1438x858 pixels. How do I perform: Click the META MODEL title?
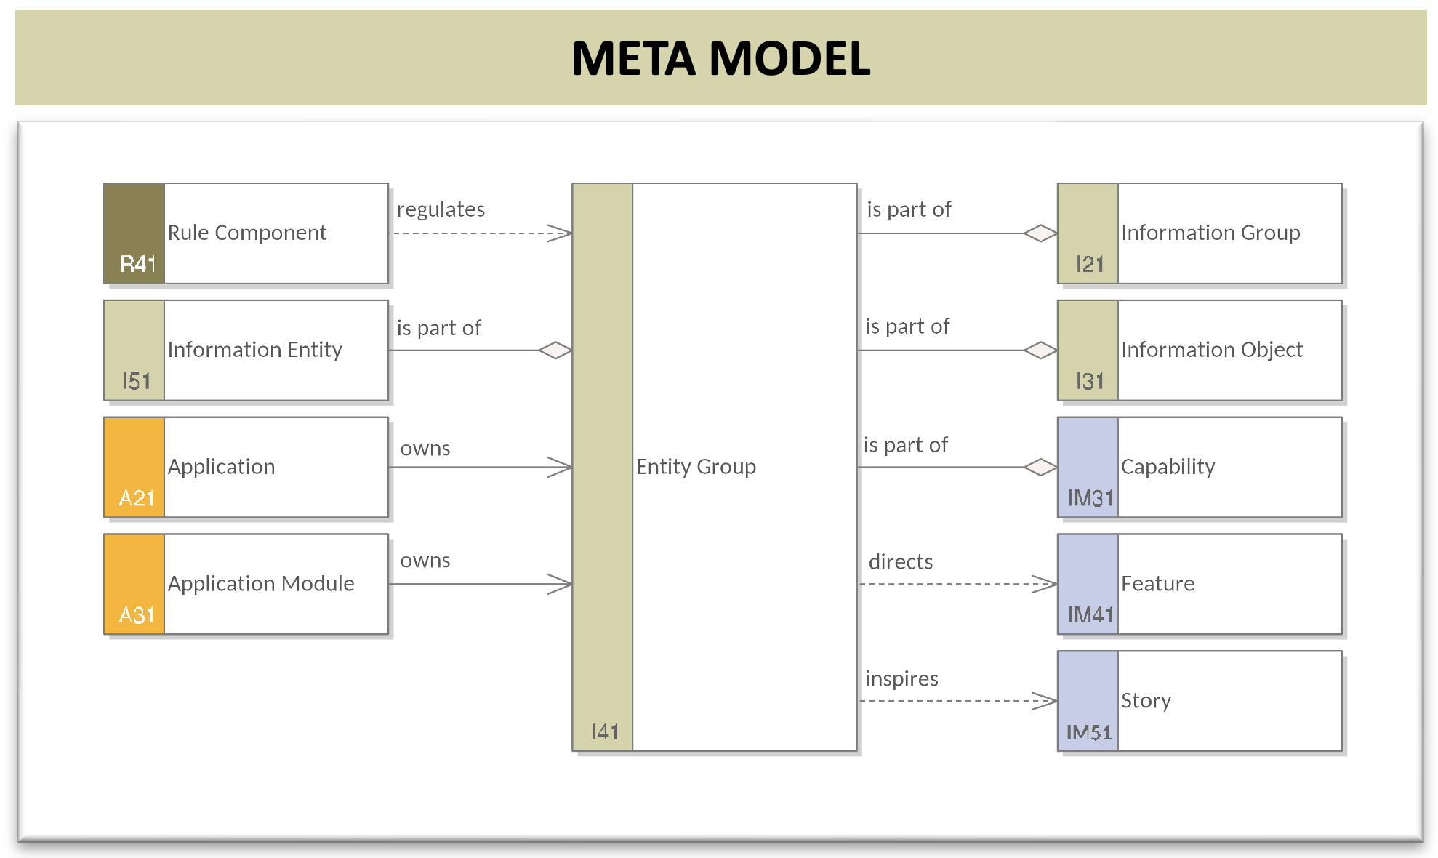point(720,58)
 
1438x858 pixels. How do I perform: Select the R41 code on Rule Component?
point(138,263)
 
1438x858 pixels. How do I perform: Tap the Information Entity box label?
point(254,350)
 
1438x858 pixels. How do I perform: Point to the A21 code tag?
point(137,498)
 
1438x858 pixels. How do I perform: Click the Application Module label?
point(261,583)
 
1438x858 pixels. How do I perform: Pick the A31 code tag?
point(137,615)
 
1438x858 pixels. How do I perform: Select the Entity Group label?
point(696,467)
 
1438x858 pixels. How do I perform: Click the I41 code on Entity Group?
point(605,731)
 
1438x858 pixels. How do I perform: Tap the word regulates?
point(441,209)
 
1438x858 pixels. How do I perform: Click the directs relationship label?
point(901,561)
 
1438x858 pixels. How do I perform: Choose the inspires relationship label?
point(901,679)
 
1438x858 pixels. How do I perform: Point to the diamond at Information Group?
point(1040,233)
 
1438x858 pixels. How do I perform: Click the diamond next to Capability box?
point(1040,467)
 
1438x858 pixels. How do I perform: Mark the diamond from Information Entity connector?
point(555,350)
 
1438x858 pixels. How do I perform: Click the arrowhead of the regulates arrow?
point(560,233)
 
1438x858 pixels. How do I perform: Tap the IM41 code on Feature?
point(1090,615)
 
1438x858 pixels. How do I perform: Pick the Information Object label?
point(1212,350)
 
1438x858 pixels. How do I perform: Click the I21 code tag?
point(1090,264)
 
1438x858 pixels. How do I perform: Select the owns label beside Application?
point(425,449)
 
